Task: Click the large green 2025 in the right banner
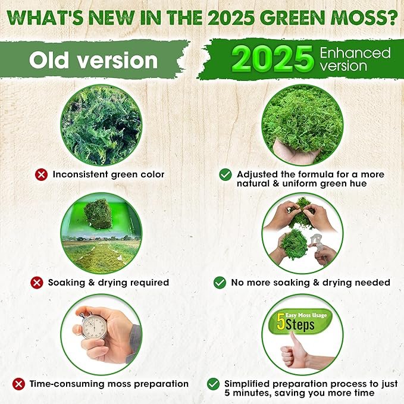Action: [x=273, y=58]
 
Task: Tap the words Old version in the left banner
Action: [x=93, y=60]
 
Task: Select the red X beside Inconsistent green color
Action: [x=41, y=175]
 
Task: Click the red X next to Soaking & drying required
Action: [x=37, y=283]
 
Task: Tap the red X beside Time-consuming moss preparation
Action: [x=18, y=384]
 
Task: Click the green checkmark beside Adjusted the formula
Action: [x=226, y=175]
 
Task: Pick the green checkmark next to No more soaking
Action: [x=220, y=283]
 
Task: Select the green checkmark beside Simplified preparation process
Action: [x=214, y=384]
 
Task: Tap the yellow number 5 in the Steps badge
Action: [x=281, y=321]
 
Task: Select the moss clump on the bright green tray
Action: [x=98, y=214]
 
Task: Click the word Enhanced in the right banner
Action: [x=355, y=53]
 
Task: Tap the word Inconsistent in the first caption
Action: [x=81, y=174]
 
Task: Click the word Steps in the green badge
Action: [x=300, y=325]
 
